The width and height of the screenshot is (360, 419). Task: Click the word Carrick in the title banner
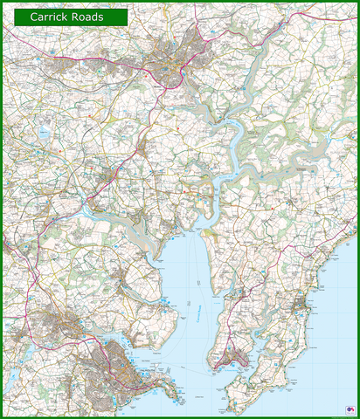52,17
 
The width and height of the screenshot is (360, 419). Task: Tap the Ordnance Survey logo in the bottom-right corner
350,409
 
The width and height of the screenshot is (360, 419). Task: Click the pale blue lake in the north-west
43,133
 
